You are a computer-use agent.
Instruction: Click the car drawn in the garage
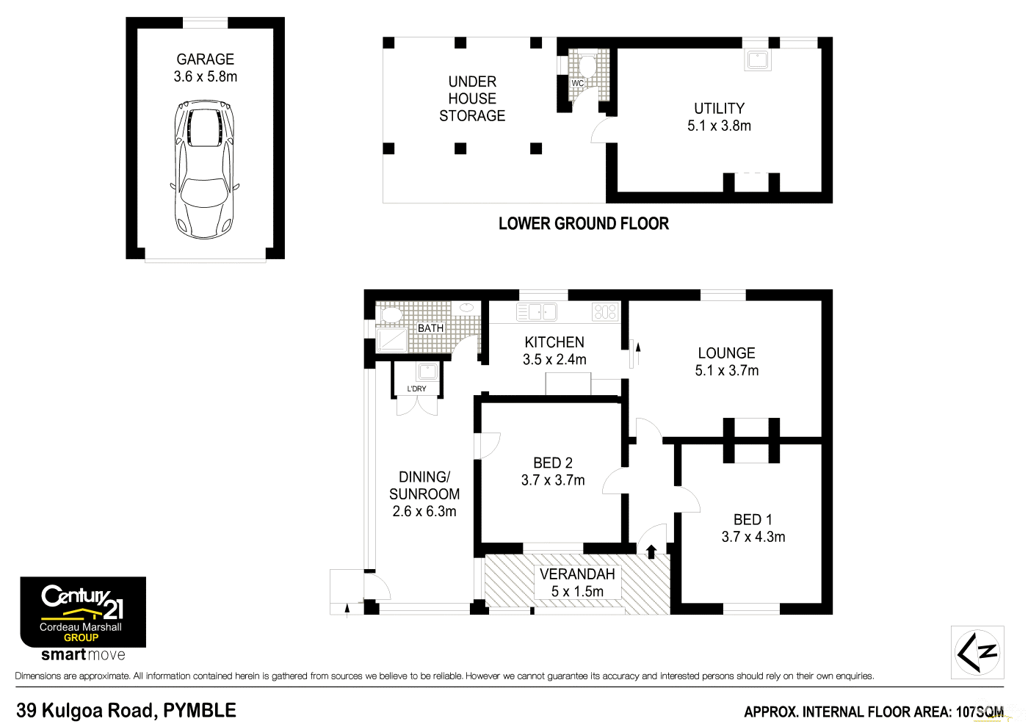click(x=205, y=170)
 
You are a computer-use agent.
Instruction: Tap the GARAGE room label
click(x=205, y=59)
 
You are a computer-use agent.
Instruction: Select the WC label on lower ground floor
click(x=578, y=83)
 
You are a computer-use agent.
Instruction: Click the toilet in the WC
click(x=587, y=65)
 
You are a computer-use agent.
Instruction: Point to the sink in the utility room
click(x=757, y=59)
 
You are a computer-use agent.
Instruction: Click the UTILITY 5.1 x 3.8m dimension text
click(x=719, y=126)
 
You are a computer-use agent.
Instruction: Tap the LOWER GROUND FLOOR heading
click(x=583, y=224)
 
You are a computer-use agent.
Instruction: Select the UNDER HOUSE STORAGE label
click(x=472, y=98)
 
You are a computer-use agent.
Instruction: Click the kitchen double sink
click(x=537, y=312)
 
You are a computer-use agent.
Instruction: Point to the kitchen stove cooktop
click(x=605, y=312)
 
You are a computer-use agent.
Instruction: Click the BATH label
click(x=430, y=328)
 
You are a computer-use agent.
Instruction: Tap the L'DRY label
click(x=416, y=388)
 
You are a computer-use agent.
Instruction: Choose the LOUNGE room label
click(x=726, y=353)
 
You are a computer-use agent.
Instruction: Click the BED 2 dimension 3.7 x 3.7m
click(x=553, y=480)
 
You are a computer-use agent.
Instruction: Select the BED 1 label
click(x=753, y=520)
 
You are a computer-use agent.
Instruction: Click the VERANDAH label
click(x=577, y=574)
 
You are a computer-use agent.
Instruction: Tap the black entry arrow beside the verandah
click(x=651, y=551)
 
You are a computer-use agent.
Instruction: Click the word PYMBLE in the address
click(x=200, y=711)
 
